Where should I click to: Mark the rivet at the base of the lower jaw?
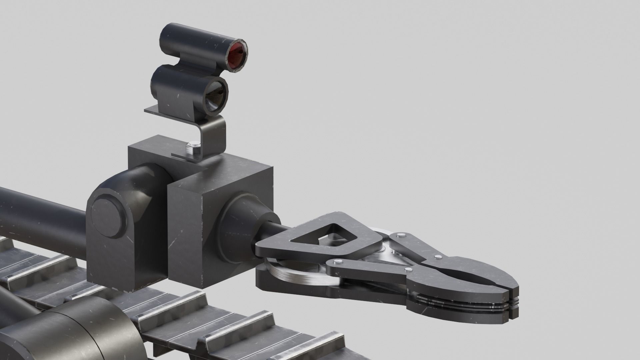click(x=407, y=269)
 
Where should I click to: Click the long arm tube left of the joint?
click(x=40, y=213)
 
